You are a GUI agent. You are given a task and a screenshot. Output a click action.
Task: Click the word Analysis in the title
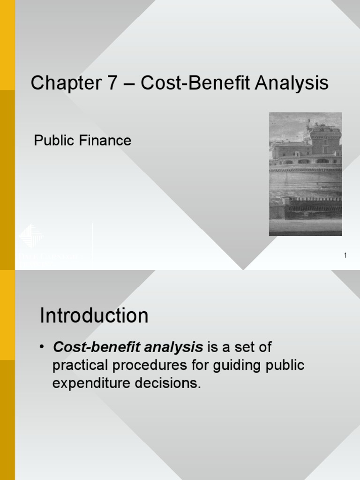[x=293, y=84]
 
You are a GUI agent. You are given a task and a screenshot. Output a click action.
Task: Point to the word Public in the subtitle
[x=51, y=140]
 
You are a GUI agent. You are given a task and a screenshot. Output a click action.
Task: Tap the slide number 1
[x=345, y=255]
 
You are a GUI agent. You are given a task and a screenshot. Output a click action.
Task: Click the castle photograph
[x=305, y=174]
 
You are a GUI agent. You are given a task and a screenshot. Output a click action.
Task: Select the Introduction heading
[x=94, y=315]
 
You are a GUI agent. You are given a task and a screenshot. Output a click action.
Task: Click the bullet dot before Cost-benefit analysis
[x=42, y=347]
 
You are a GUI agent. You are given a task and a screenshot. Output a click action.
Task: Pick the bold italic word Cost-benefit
[x=89, y=347]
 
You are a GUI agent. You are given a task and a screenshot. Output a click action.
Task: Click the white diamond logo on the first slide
[x=32, y=236]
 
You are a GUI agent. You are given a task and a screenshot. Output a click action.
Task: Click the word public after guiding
[x=285, y=366]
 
